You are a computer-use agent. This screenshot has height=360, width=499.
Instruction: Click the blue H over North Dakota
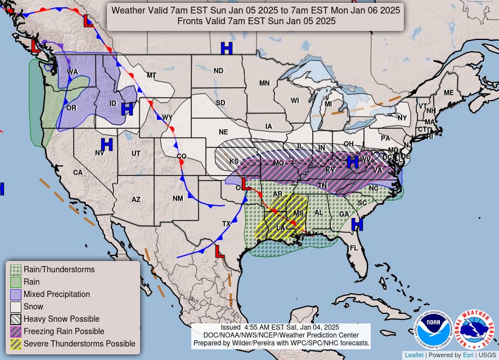click(226, 48)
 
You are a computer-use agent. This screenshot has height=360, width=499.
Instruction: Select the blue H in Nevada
click(107, 145)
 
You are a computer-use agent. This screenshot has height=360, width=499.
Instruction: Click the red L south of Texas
click(219, 251)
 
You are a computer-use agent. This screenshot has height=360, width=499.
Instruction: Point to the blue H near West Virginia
click(353, 162)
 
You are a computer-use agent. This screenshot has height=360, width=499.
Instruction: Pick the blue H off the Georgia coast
click(357, 225)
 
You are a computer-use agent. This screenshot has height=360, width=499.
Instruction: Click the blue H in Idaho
click(127, 109)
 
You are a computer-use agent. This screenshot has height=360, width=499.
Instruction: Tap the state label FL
click(354, 247)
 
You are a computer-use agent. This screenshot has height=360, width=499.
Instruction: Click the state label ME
click(448, 93)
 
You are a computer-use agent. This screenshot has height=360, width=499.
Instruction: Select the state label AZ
click(136, 199)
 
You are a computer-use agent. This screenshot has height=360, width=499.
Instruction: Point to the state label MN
click(264, 83)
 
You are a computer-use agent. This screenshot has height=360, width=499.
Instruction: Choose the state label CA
click(78, 173)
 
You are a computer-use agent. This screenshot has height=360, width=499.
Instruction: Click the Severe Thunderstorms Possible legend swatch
click(16, 344)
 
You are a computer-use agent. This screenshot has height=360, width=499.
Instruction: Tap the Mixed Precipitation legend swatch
click(16, 294)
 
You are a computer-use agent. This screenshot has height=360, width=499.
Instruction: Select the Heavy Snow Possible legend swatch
click(16, 319)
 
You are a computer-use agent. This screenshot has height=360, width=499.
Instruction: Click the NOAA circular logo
click(434, 330)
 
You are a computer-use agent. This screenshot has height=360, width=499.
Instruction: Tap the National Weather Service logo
click(474, 330)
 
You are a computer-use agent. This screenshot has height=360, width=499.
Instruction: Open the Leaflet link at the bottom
click(413, 355)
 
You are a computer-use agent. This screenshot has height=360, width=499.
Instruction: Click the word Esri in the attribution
click(469, 355)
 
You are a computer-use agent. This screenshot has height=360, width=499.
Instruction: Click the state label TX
click(227, 224)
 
